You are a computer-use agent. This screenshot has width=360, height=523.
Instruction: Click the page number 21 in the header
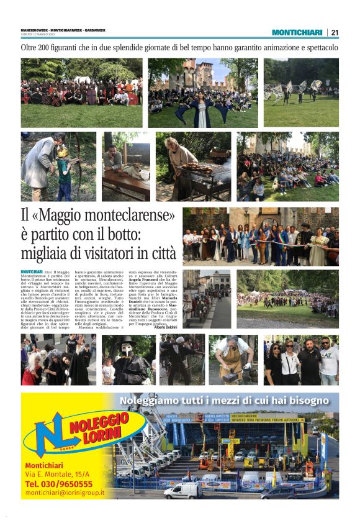[335, 32]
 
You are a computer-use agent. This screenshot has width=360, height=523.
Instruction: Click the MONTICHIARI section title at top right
[297, 32]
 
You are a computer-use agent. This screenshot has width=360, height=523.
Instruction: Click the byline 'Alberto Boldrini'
[165, 327]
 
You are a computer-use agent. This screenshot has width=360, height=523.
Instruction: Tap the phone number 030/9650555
[59, 483]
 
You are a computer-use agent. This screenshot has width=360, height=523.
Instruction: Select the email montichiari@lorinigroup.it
[65, 493]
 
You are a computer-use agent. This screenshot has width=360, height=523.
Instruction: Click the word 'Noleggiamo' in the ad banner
[150, 401]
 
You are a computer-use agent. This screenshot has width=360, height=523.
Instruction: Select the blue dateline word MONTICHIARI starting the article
[32, 272]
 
